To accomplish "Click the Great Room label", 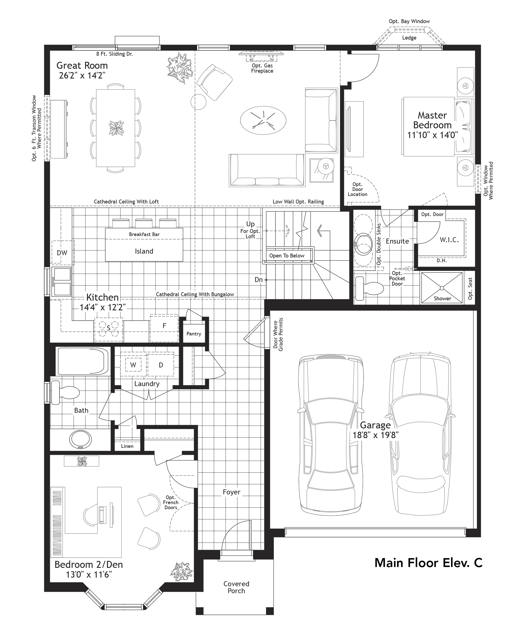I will [82, 65].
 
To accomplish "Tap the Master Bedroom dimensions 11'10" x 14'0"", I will [432, 135].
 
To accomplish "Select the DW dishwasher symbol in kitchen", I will [62, 252].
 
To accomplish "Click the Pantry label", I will [194, 333].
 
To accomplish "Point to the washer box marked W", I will [133, 365].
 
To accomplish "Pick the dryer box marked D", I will [161, 365].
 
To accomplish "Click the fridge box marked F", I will [164, 326].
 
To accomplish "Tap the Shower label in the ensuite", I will [442, 298].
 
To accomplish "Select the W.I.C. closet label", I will [449, 240].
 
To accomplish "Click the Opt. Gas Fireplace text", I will [262, 68].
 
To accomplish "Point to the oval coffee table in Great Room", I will [263, 120].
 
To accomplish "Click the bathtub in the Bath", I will [83, 362].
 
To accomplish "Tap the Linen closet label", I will [127, 446].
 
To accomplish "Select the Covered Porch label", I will [236, 587].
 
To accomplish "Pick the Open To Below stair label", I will [287, 256].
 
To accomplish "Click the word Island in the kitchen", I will [144, 251].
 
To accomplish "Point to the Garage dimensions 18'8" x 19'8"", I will [375, 435].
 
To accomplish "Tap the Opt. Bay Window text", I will [409, 21].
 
